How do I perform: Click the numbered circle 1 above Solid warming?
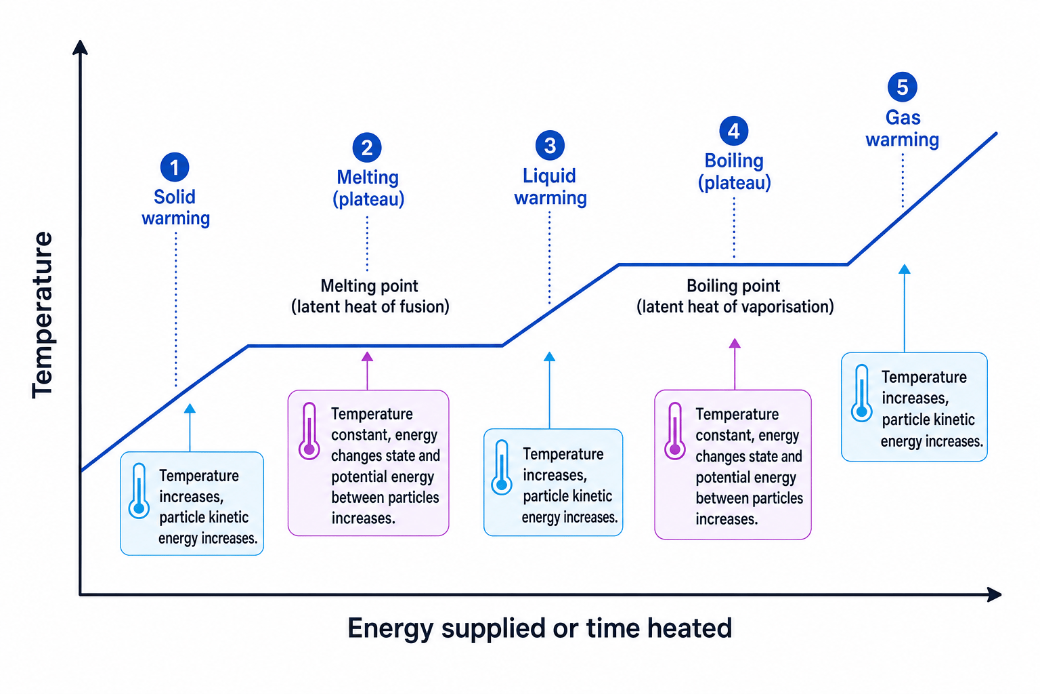[x=175, y=167]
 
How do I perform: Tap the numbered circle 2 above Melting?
[x=367, y=147]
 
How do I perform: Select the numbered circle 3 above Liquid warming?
[x=550, y=146]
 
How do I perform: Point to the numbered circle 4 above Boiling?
[x=733, y=131]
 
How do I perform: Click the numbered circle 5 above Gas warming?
[x=902, y=87]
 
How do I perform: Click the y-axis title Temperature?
[x=42, y=314]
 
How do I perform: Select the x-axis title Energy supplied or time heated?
[x=540, y=628]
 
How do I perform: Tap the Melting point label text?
[x=370, y=286]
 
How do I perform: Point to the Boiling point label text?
[x=733, y=286]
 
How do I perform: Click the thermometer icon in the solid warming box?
[x=139, y=491]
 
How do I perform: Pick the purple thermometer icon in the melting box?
[x=309, y=431]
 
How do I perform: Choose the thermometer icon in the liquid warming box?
[x=502, y=467]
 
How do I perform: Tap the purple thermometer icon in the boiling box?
[x=674, y=431]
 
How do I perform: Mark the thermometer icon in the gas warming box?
[x=862, y=393]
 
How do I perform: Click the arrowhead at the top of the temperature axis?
[x=80, y=47]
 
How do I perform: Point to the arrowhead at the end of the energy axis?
[x=994, y=594]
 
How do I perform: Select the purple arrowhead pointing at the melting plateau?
[x=367, y=356]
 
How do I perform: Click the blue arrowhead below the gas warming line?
[x=905, y=269]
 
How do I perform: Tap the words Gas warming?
[x=902, y=129]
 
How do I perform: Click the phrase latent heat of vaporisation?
[x=735, y=307]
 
